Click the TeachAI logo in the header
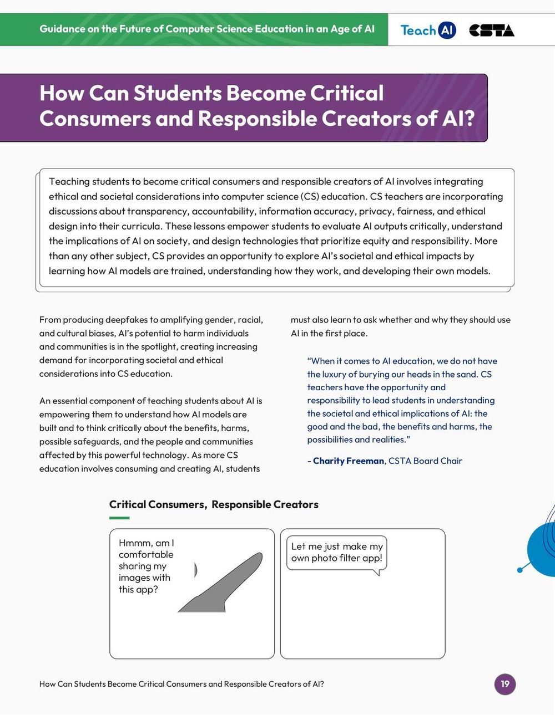(x=428, y=30)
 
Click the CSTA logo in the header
(x=492, y=30)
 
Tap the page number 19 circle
(x=505, y=683)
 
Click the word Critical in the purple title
(x=347, y=93)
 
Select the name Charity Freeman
(x=349, y=461)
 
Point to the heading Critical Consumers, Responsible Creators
(x=214, y=504)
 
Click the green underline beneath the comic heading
(x=119, y=518)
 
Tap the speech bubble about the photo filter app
(x=337, y=552)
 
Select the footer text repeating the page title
(x=181, y=684)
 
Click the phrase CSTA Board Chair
(x=425, y=461)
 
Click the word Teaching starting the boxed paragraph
(x=69, y=181)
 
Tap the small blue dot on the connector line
(x=520, y=570)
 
